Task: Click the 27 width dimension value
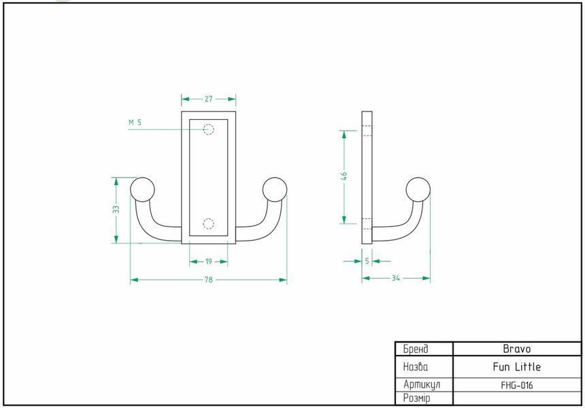[209, 99]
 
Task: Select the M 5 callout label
[135, 122]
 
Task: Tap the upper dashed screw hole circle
[209, 129]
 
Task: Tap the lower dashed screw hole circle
[209, 224]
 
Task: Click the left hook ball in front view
[142, 190]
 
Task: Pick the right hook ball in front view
[275, 190]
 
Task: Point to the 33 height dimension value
[116, 209]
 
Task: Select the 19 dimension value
[209, 261]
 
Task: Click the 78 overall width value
[209, 279]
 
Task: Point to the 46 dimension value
[344, 175]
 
